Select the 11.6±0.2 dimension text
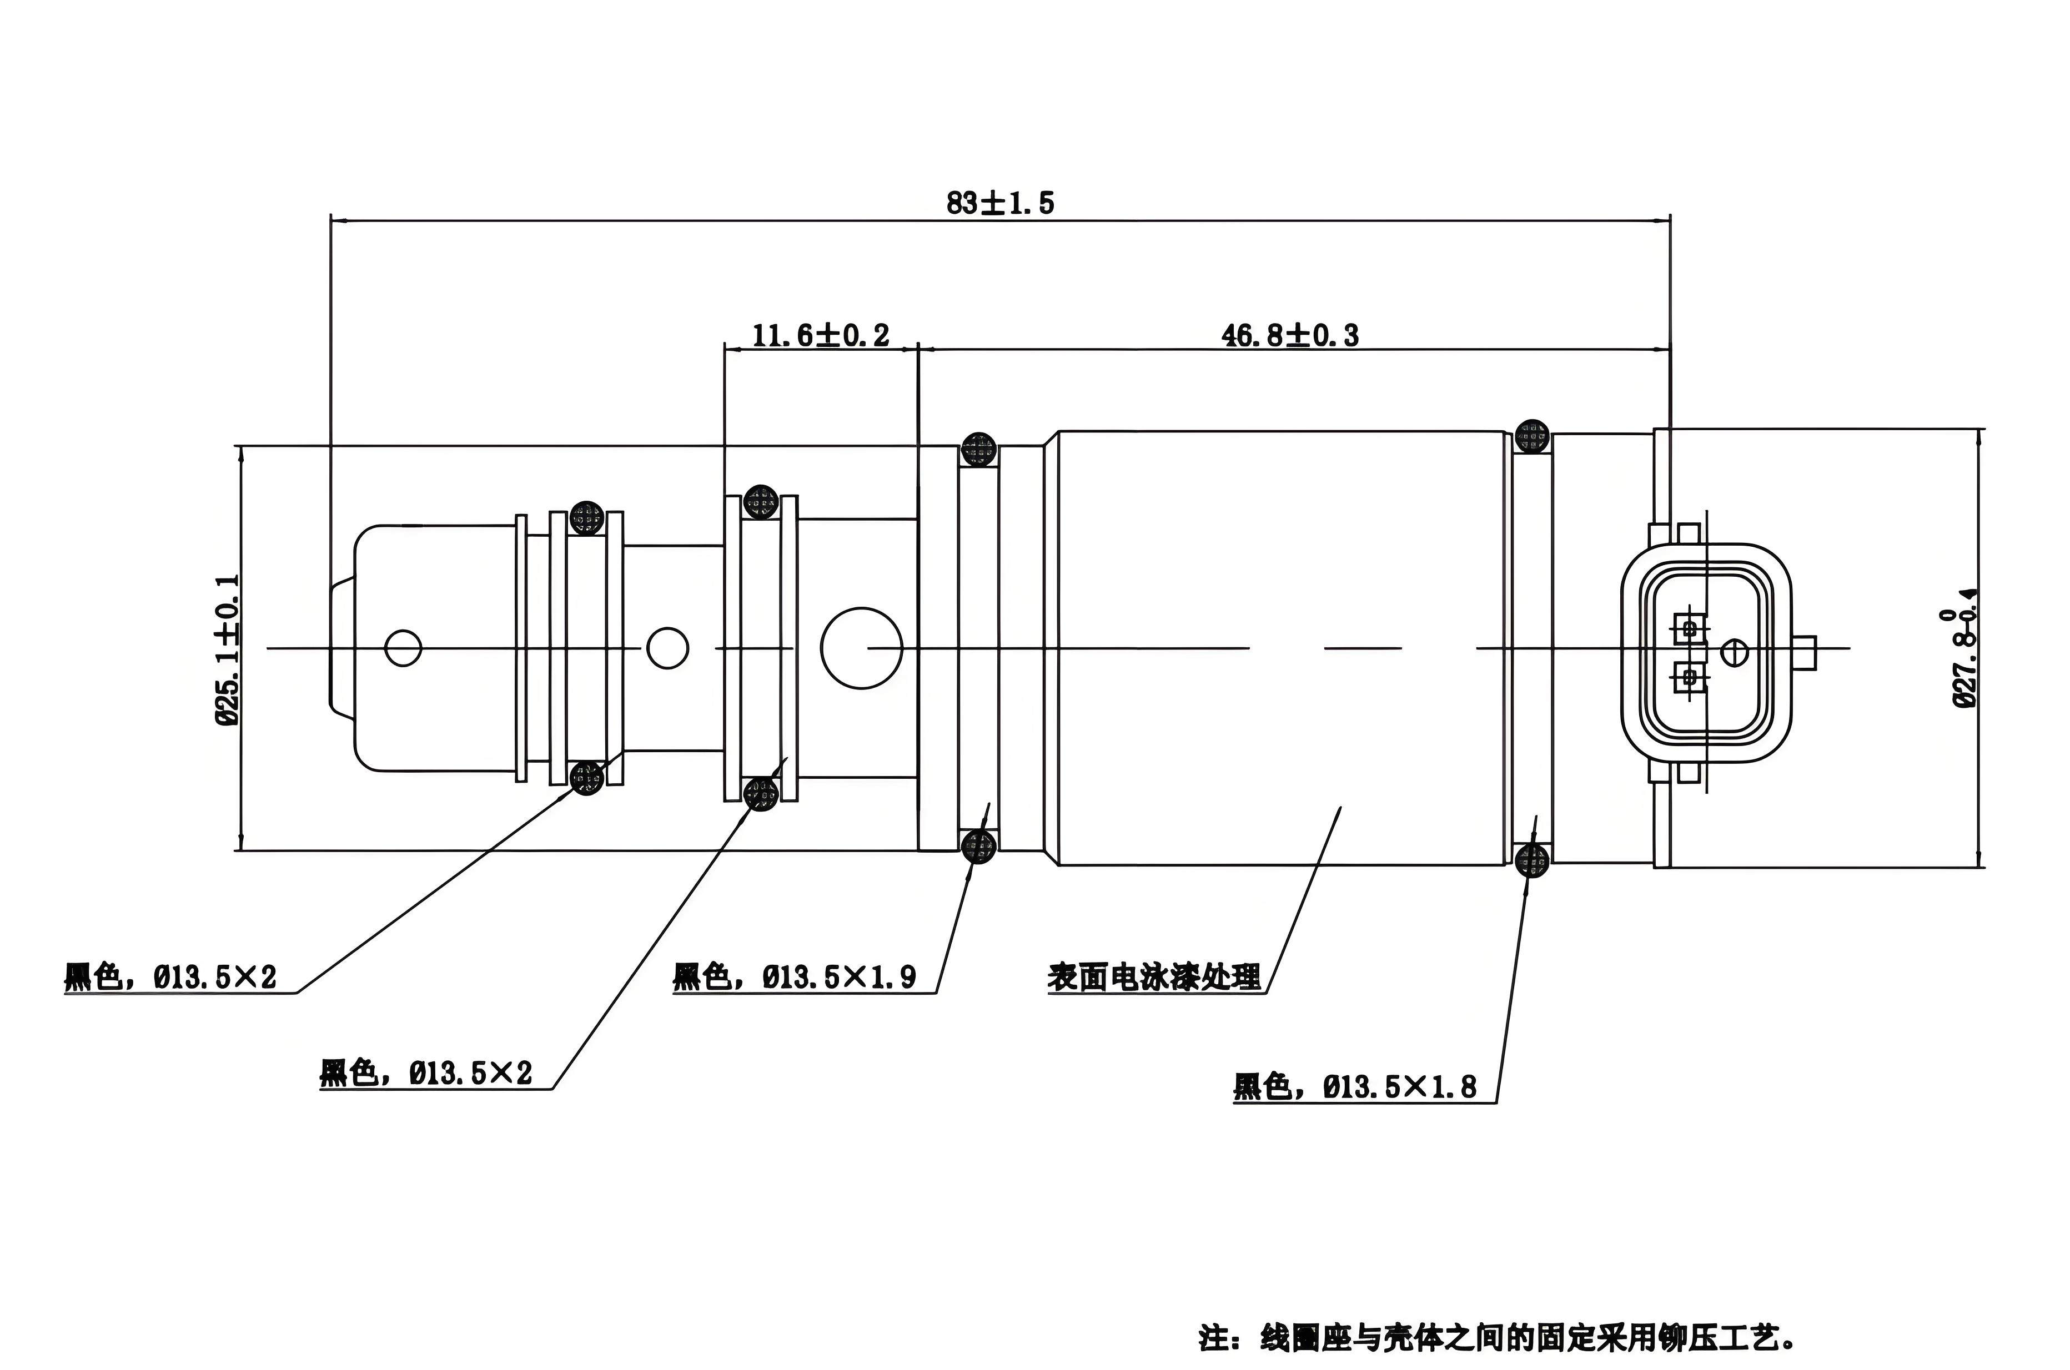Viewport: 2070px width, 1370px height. (821, 335)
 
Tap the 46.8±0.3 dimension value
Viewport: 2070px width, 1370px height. (1290, 335)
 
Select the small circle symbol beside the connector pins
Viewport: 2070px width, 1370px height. (1734, 652)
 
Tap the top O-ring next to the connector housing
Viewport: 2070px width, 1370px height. (1532, 436)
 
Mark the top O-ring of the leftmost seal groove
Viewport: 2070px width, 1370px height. (586, 518)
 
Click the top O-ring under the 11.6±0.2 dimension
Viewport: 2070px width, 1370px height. (761, 501)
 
